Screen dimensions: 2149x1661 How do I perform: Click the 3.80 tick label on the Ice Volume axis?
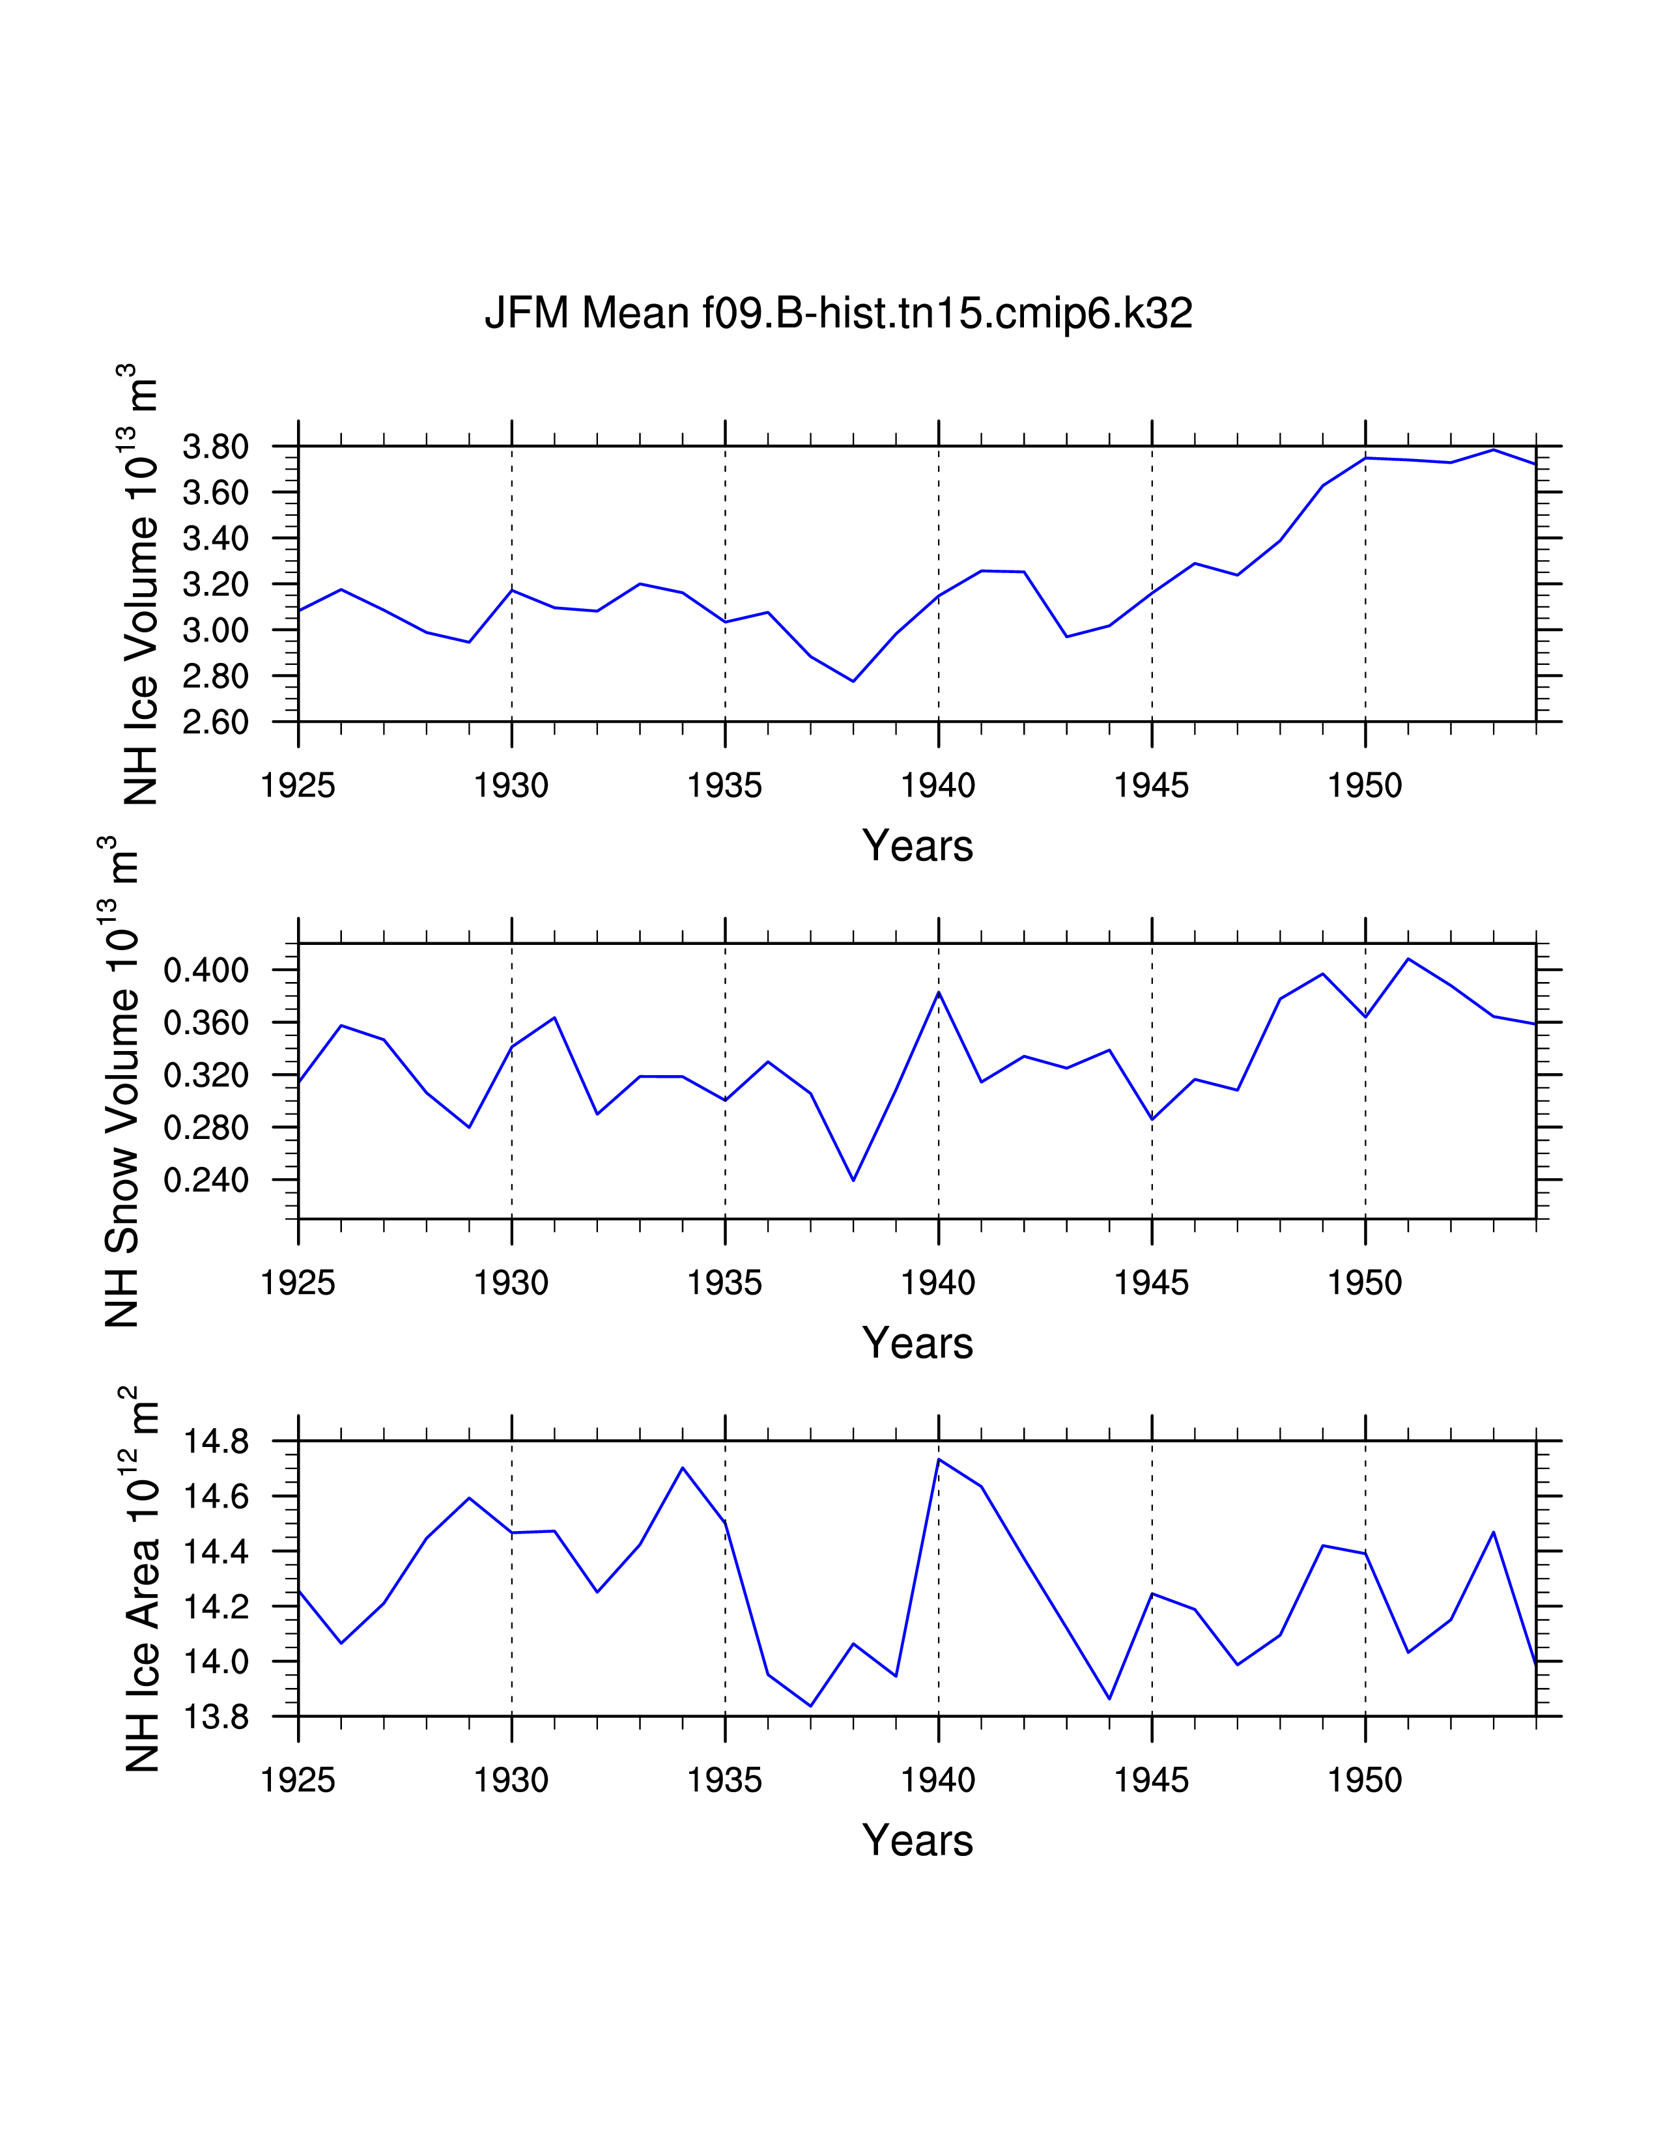[216, 447]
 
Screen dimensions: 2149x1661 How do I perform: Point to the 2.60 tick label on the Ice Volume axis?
[216, 722]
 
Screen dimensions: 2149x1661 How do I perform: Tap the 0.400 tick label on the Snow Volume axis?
[206, 971]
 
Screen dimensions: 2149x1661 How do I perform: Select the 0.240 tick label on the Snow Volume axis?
[206, 1180]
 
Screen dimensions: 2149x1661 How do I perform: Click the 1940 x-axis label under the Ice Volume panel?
[938, 786]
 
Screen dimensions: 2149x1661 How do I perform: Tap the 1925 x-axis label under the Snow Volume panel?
[298, 1283]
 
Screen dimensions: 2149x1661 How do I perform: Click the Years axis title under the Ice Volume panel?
[917, 846]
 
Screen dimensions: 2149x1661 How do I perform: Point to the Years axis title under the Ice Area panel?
[917, 1841]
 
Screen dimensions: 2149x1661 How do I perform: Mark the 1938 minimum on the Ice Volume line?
[853, 681]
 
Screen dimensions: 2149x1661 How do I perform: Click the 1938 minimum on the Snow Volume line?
[853, 1180]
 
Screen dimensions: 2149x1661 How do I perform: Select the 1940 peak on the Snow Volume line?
[939, 993]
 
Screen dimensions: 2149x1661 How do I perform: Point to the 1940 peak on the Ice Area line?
[939, 1459]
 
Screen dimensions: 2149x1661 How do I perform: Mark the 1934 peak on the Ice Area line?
[683, 1467]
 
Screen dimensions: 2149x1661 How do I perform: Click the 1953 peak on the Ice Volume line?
[1494, 450]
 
